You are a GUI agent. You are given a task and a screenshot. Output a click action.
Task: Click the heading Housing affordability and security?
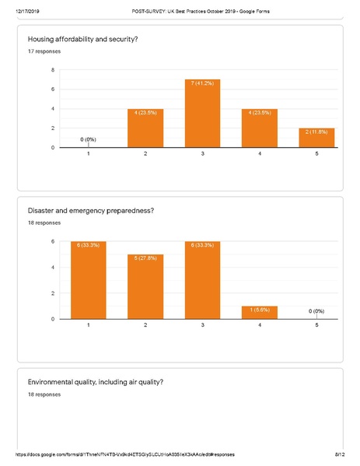[82, 39]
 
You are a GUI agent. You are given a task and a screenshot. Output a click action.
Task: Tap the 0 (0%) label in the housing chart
[88, 138]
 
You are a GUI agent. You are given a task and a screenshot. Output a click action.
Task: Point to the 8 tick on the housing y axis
[53, 70]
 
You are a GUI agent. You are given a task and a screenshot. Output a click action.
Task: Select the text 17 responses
[44, 51]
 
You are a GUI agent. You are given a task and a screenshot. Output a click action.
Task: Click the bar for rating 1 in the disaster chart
[88, 280]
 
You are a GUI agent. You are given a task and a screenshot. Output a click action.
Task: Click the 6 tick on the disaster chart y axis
[53, 241]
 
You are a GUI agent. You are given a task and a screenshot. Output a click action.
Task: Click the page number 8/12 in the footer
[339, 453]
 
